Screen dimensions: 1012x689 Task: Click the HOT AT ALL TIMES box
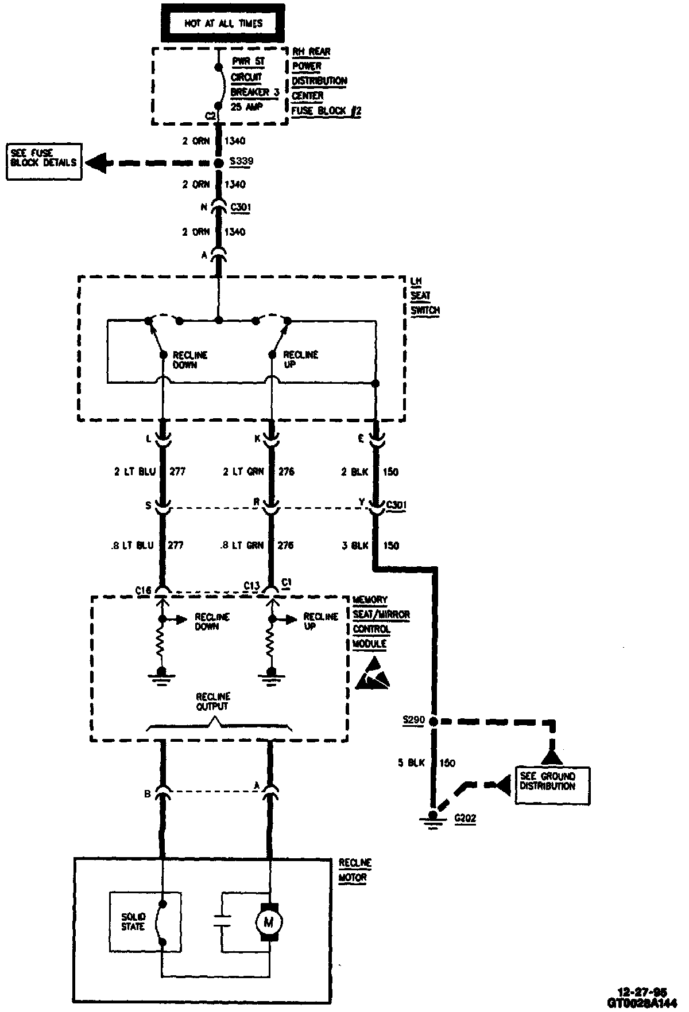coord(223,24)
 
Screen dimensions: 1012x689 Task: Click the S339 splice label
coord(241,162)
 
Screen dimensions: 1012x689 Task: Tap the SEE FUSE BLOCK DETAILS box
coord(43,163)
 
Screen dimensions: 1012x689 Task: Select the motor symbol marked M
coord(268,922)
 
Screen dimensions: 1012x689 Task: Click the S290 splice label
coord(414,719)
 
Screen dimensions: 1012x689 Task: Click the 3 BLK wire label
coord(355,546)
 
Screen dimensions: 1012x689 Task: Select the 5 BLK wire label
coord(412,763)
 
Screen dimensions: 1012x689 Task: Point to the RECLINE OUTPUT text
coord(212,702)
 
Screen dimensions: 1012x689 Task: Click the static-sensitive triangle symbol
coord(372,675)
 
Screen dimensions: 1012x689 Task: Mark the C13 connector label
coord(251,586)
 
